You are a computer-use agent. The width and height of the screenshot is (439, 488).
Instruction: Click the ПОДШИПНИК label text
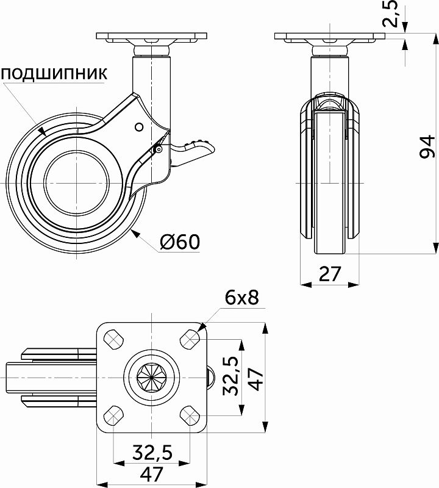[x=54, y=74]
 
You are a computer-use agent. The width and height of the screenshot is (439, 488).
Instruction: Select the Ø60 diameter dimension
[x=180, y=242]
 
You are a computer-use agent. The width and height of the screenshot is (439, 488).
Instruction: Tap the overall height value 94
[x=428, y=148]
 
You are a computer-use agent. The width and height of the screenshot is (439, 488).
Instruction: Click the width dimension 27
[x=329, y=273]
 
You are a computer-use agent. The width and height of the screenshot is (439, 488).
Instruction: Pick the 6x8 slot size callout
[x=242, y=298]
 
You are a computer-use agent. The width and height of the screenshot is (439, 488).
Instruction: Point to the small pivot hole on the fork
[x=138, y=126]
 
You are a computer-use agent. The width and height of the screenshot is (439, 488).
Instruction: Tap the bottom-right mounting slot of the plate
[x=190, y=416]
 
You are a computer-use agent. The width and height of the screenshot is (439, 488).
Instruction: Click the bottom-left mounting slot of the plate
[x=113, y=416]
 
